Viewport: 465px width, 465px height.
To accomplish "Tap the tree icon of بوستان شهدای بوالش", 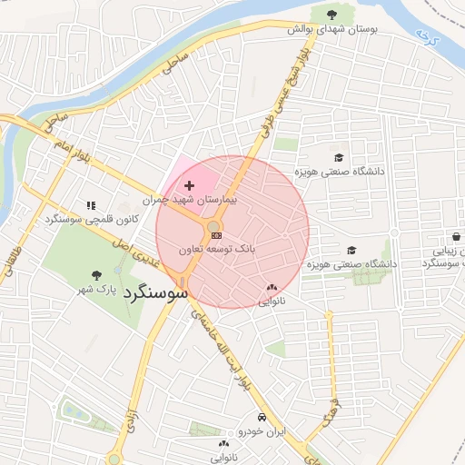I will [x=329, y=14].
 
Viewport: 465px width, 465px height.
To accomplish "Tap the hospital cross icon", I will [x=189, y=185].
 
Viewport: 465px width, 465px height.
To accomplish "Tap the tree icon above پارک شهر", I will [x=97, y=275].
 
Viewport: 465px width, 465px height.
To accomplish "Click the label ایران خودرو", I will [x=262, y=432].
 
